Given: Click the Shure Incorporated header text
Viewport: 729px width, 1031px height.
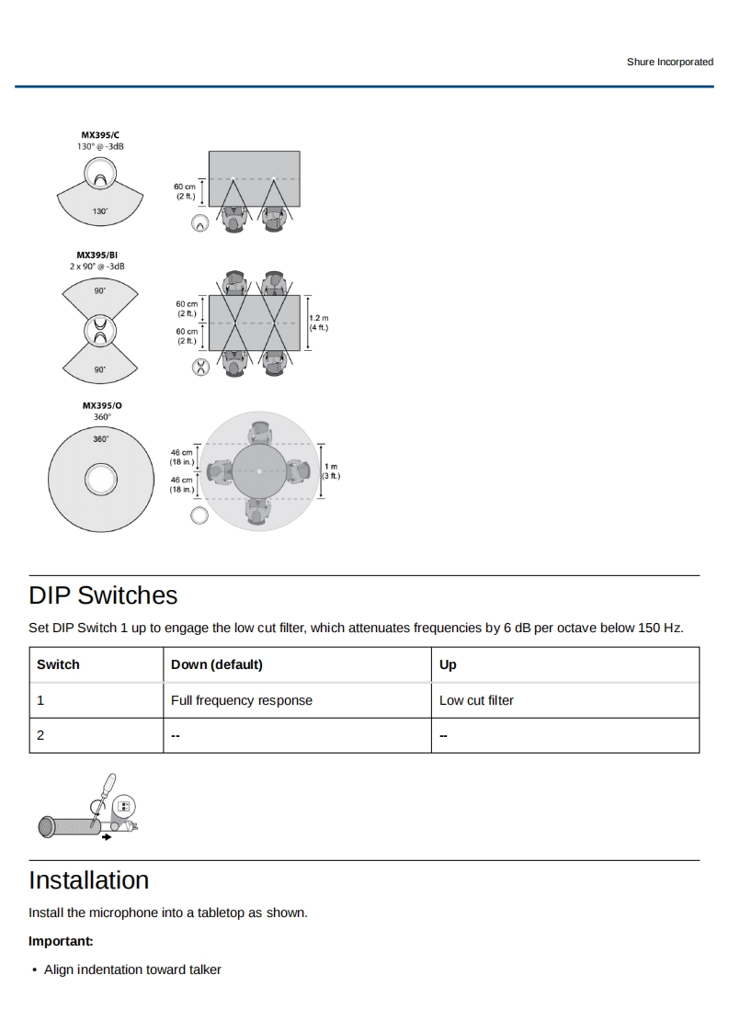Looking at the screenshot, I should (669, 62).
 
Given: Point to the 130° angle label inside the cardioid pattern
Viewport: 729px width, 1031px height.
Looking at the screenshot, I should (99, 211).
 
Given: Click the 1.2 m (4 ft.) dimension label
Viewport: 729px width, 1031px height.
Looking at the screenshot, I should (318, 323).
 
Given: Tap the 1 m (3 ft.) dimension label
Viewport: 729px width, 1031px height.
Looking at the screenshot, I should (331, 471).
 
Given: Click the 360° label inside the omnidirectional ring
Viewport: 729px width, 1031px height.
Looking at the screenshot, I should (100, 439).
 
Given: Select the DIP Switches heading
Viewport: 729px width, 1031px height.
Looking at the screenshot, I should (103, 595).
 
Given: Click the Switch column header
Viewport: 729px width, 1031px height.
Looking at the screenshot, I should (58, 664).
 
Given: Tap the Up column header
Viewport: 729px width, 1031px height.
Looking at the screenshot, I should (448, 664).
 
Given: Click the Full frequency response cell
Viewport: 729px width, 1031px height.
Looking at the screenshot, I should (242, 700).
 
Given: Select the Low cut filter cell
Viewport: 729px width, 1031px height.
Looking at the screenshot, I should (476, 700).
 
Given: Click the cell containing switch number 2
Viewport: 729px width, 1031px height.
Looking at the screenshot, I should (40, 735).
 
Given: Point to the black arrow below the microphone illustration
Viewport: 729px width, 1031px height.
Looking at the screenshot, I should (108, 837).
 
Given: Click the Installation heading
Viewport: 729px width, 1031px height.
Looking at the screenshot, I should (88, 880).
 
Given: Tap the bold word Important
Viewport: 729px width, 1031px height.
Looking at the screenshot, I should (61, 942).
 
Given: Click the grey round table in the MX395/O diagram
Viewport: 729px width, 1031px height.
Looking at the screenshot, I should (259, 471).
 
